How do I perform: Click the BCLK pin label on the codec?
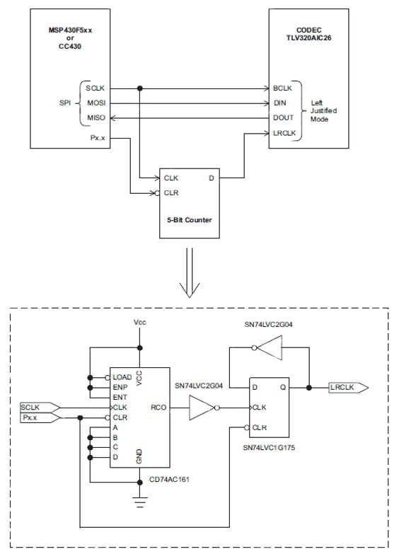pyautogui.click(x=282, y=88)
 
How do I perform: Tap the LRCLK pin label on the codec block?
pyautogui.click(x=284, y=133)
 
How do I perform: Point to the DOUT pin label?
pyautogui.click(x=282, y=118)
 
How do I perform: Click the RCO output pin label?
pyautogui.click(x=159, y=408)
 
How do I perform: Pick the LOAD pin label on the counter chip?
pyautogui.click(x=122, y=376)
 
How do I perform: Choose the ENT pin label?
pyautogui.click(x=120, y=397)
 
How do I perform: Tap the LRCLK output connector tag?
pyautogui.click(x=347, y=387)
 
